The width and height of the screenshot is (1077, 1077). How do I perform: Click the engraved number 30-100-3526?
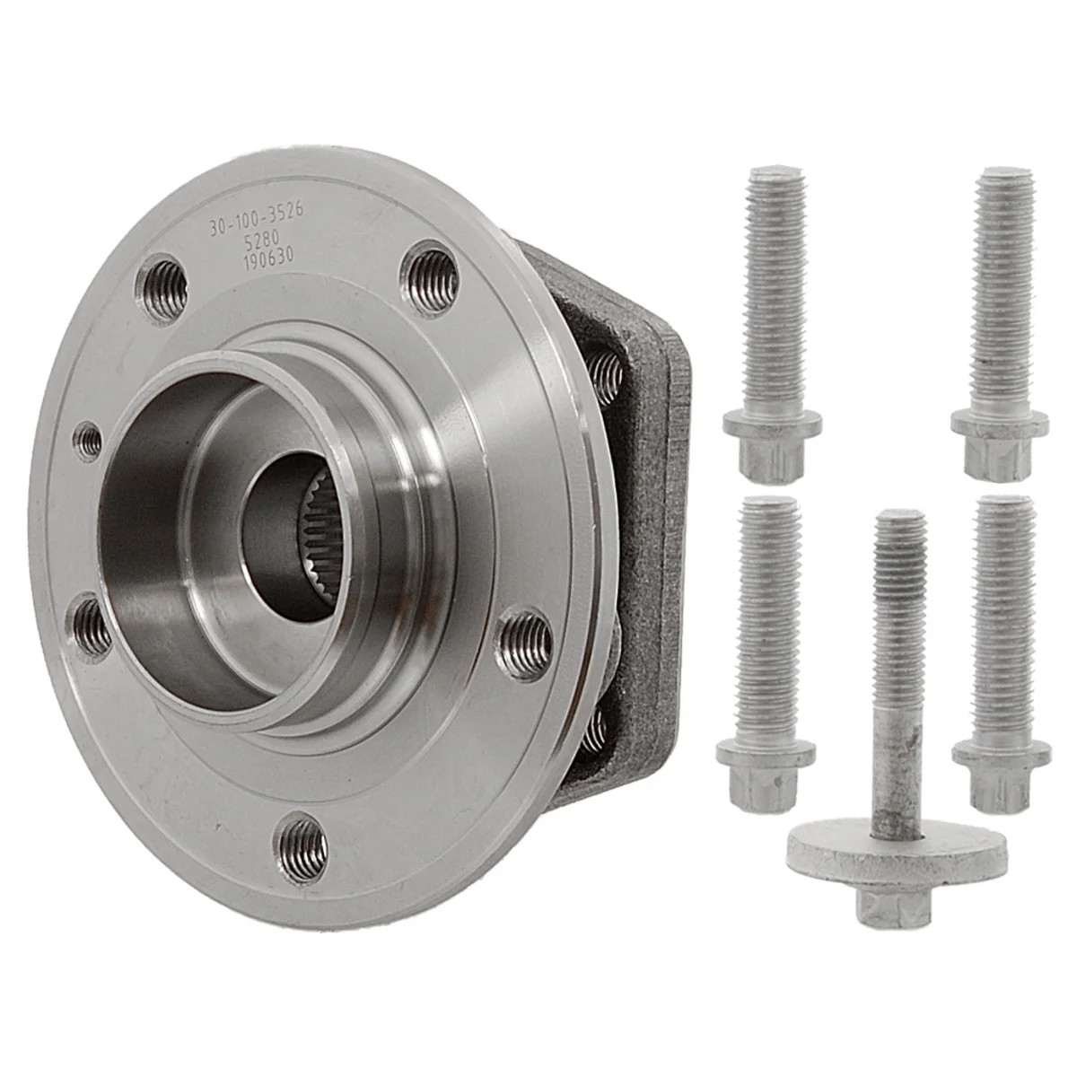(257, 223)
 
